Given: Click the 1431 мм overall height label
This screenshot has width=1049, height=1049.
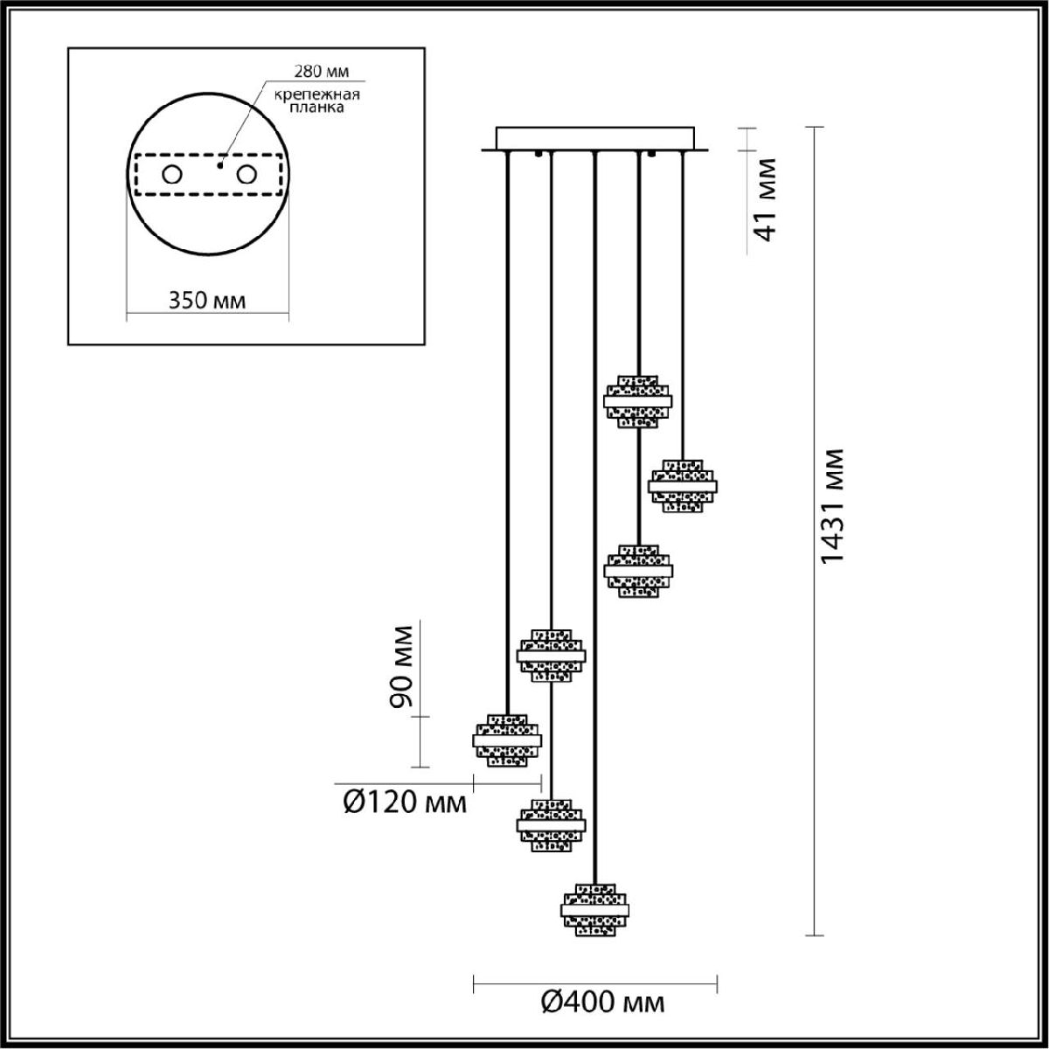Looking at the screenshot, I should (x=833, y=507).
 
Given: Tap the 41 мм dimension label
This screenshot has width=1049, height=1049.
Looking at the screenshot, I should (x=767, y=199).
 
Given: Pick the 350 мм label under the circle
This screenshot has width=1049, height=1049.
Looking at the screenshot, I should (x=207, y=301).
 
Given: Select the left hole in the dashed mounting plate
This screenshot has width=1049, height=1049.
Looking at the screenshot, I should (x=171, y=175).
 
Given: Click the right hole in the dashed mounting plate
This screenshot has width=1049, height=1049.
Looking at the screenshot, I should (x=247, y=175).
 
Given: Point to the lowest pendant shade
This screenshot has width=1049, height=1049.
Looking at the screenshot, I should (x=594, y=909).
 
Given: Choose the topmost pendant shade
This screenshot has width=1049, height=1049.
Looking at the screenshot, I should (x=638, y=401).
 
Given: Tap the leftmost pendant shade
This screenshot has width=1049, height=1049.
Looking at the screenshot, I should (x=507, y=740).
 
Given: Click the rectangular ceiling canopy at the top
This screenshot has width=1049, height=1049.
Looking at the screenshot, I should (x=594, y=139).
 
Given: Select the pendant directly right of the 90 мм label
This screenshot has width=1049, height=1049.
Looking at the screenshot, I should (x=551, y=654).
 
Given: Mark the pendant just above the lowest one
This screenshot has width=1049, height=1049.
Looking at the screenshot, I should (x=551, y=823).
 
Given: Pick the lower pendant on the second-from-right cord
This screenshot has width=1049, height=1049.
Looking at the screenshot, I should (x=638, y=570).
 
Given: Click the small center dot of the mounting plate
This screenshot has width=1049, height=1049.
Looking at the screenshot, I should (x=221, y=163).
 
